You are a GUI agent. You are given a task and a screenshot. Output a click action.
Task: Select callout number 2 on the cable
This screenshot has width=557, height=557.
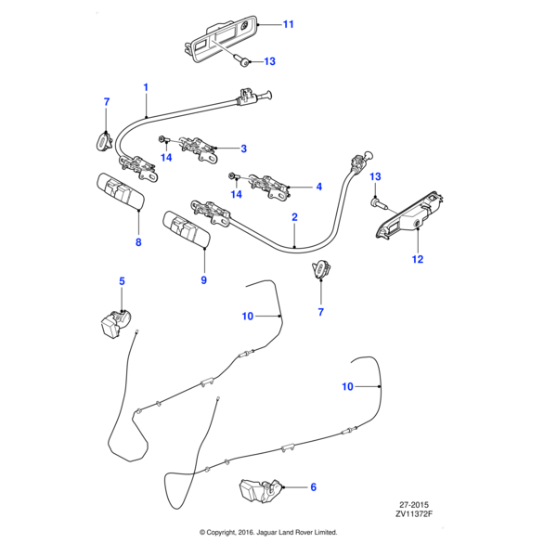(294, 218)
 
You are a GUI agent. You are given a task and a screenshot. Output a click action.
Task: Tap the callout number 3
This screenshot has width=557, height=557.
(243, 149)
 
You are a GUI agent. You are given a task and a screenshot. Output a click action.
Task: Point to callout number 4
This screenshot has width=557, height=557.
(318, 187)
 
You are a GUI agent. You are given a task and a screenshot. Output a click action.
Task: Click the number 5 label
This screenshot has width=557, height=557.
(120, 280)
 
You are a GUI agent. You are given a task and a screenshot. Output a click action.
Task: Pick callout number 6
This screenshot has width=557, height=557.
(313, 486)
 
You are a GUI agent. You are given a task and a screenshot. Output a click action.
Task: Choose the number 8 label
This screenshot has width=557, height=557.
(138, 243)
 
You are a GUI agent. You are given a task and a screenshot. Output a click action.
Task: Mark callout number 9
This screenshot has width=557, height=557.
(203, 279)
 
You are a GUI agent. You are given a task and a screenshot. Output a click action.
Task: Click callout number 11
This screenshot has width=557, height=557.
(288, 24)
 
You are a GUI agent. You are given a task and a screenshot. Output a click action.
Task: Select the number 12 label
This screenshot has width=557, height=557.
(417, 259)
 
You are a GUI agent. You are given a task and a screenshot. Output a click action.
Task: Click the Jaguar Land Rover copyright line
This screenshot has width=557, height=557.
(268, 532)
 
